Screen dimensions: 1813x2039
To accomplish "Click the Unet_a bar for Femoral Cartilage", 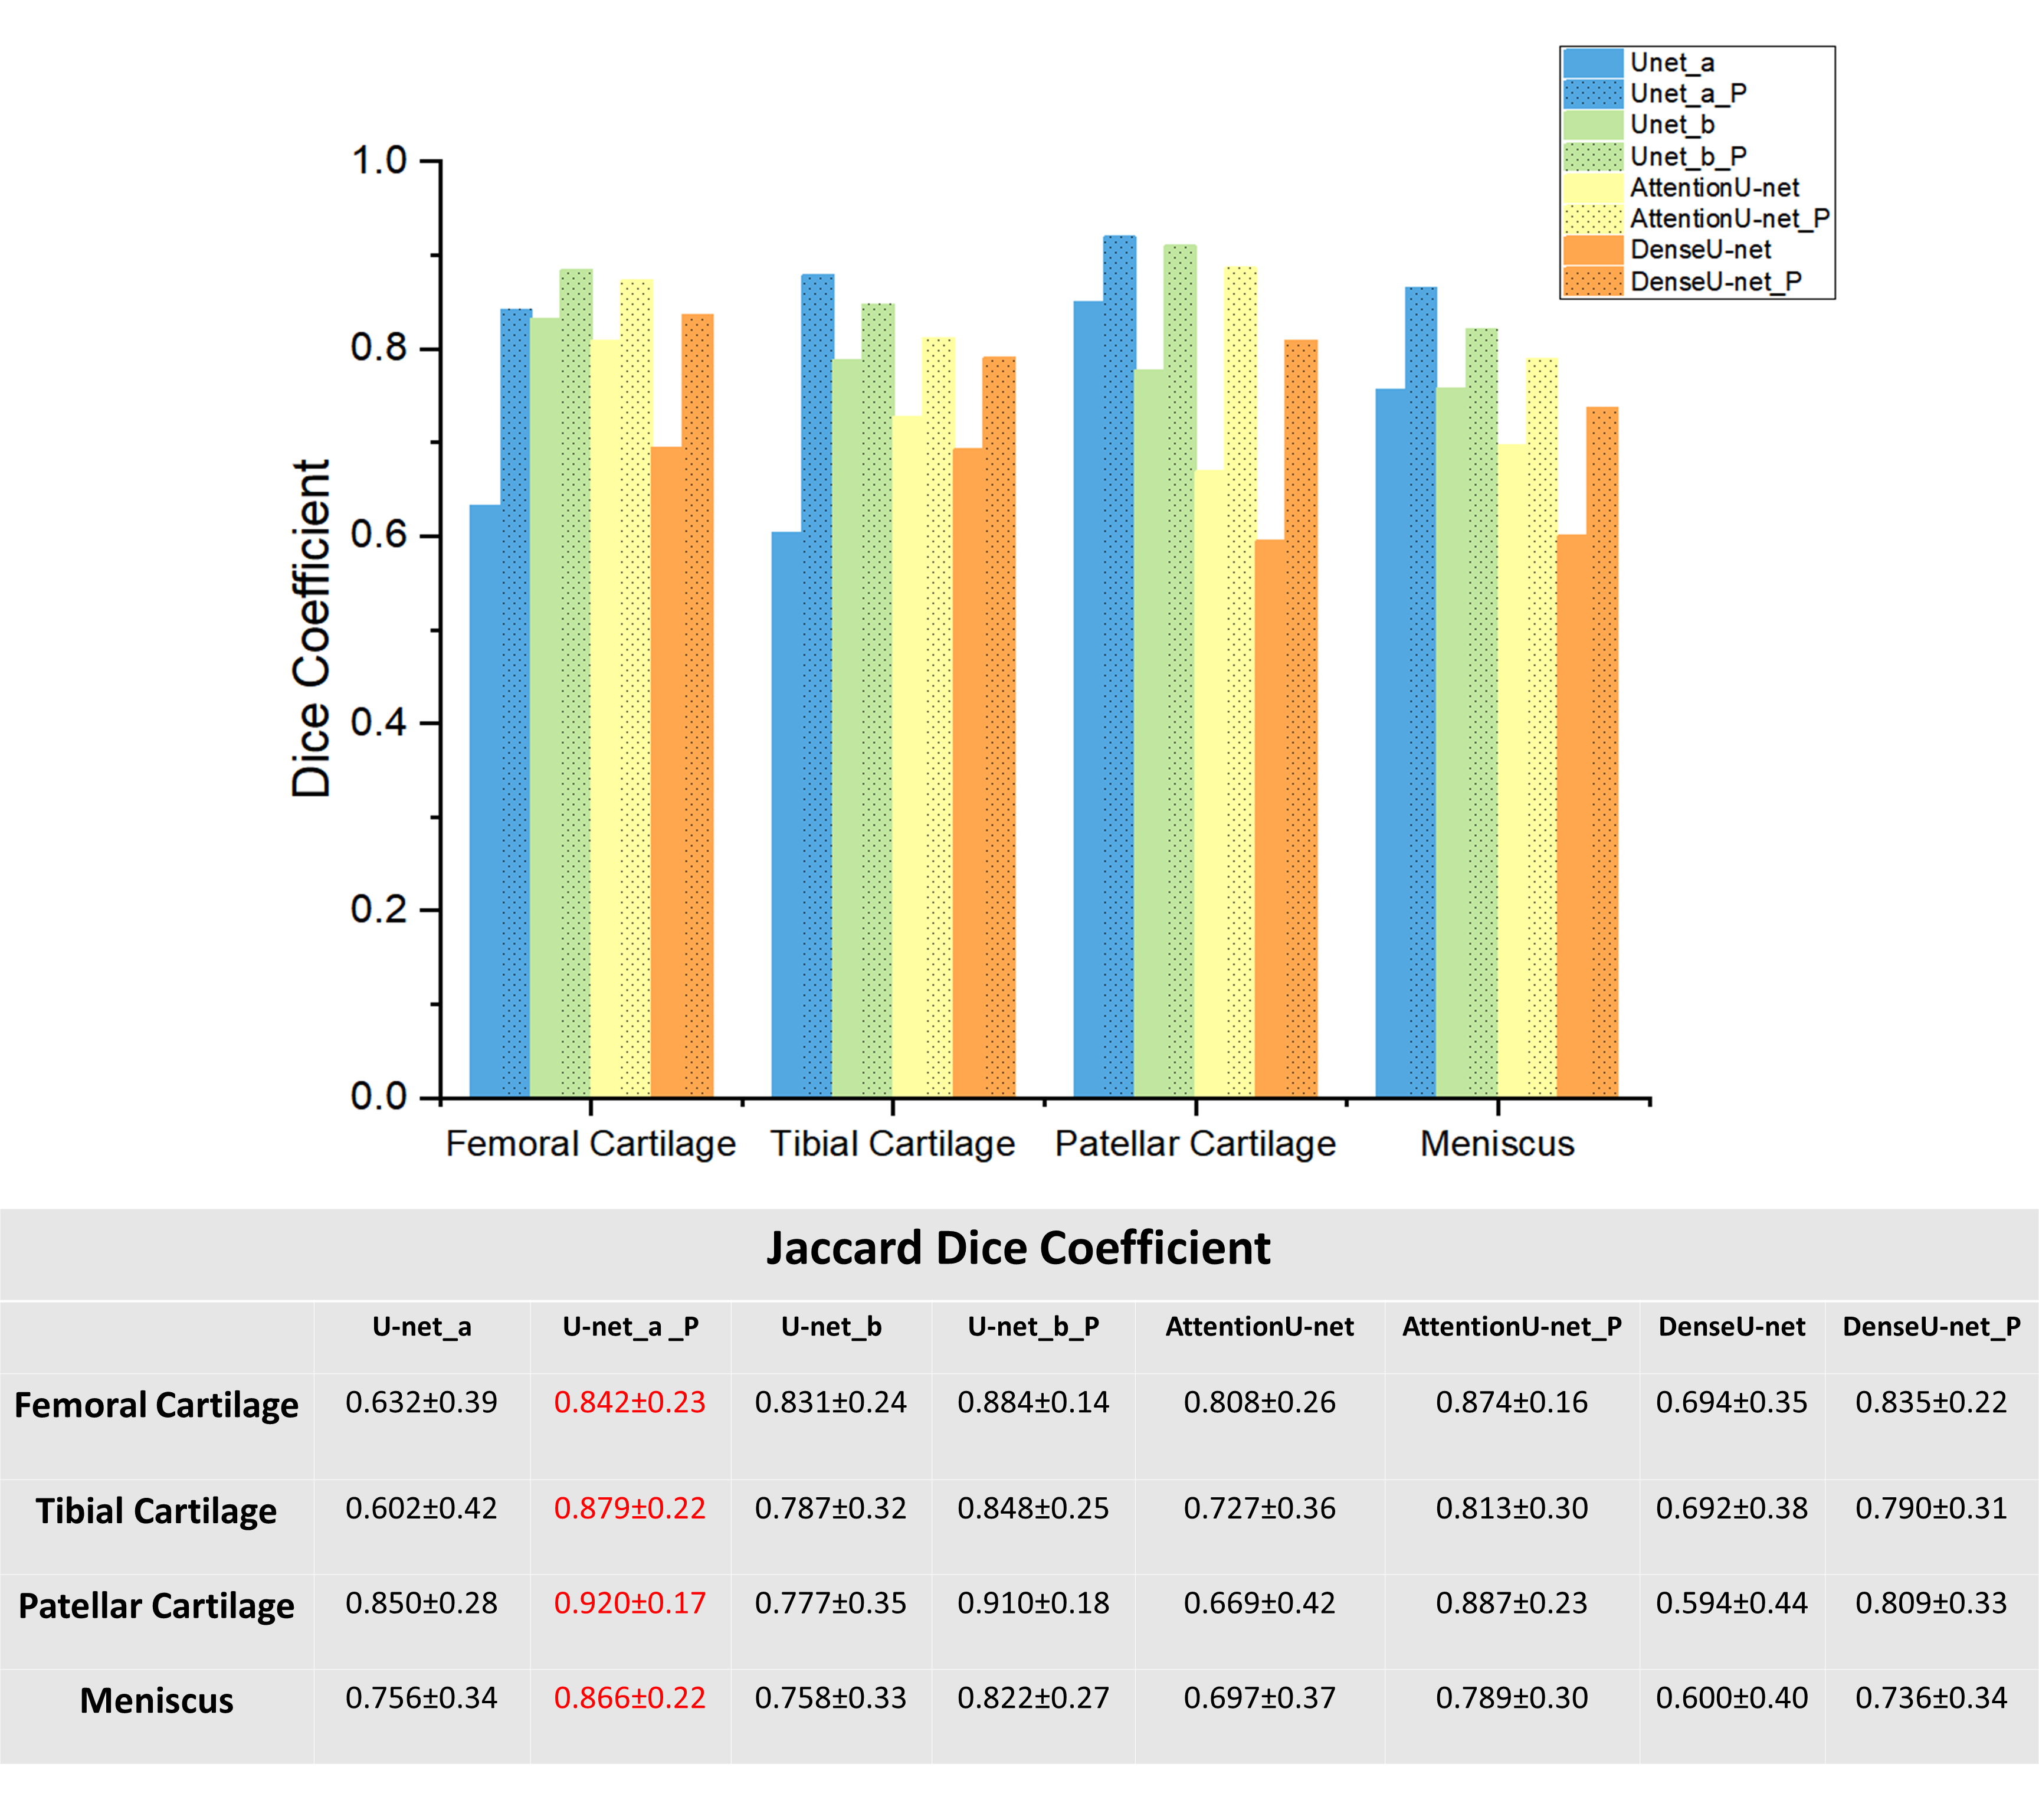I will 485,798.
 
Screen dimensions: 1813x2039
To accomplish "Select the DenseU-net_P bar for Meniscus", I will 1602,748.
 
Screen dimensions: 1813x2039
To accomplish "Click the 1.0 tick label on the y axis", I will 379,161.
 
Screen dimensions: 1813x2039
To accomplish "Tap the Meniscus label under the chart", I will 1496,1144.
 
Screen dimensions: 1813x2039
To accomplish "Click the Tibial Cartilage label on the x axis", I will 892,1144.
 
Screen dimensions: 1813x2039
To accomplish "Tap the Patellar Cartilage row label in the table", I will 156,1605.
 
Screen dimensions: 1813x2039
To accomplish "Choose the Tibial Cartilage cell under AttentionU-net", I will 1259,1508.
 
